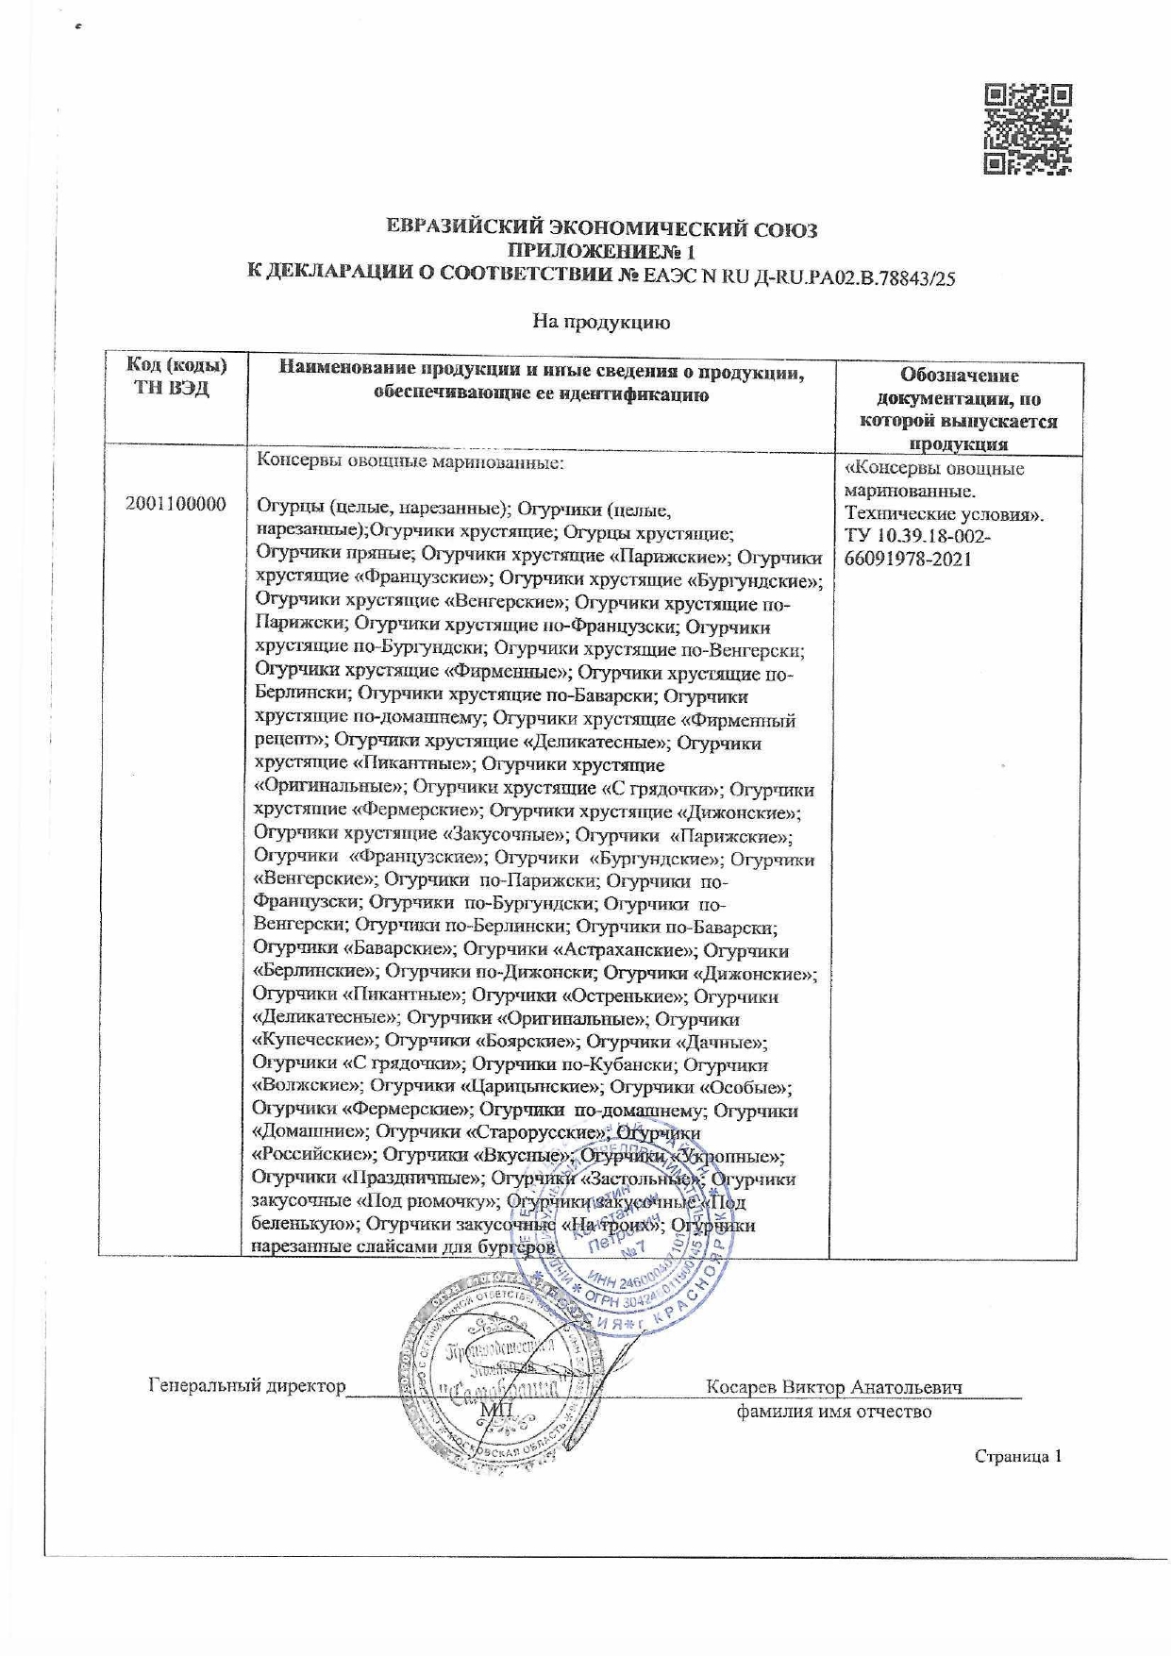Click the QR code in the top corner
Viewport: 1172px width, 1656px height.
[1028, 129]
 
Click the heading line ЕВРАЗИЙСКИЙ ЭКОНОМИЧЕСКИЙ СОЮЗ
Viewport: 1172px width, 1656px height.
[603, 229]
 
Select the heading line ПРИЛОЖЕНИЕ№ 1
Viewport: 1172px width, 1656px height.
[601, 252]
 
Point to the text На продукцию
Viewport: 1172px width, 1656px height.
[601, 323]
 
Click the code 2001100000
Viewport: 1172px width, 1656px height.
[176, 504]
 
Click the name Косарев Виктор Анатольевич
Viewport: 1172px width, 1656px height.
[834, 1387]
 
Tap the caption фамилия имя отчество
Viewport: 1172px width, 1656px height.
[833, 1412]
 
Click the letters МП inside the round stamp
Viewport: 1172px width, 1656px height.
[495, 1409]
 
